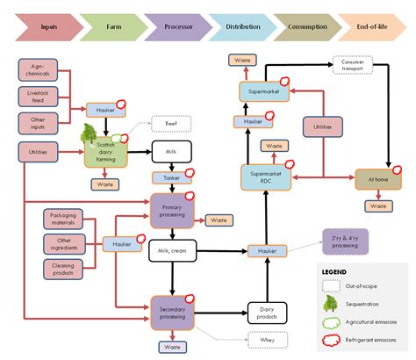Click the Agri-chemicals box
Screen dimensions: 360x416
click(x=39, y=70)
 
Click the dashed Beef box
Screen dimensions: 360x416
click(x=170, y=125)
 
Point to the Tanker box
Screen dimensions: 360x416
click(x=170, y=178)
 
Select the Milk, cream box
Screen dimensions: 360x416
click(x=171, y=252)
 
